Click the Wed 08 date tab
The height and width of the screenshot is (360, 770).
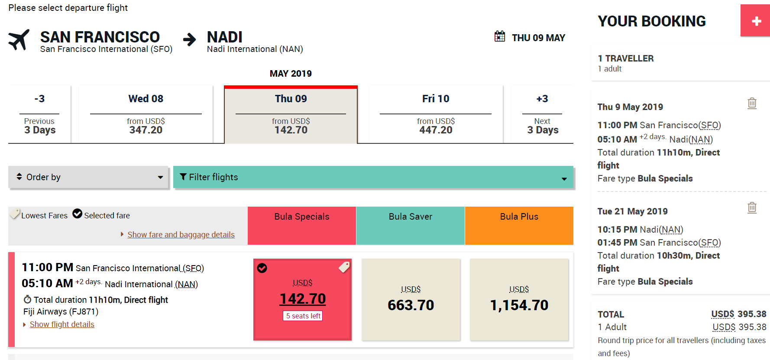click(x=146, y=114)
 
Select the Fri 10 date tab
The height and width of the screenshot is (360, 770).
click(x=436, y=114)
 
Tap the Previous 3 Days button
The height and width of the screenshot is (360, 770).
click(x=39, y=114)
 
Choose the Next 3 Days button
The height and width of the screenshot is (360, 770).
click(x=542, y=114)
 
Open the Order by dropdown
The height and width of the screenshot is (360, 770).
click(x=88, y=177)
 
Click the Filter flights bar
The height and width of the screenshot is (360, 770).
click(x=373, y=177)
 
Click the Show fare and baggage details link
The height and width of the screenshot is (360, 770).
click(x=181, y=235)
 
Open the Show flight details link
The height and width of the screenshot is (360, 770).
click(x=62, y=324)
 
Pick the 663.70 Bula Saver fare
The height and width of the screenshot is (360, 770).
click(x=411, y=299)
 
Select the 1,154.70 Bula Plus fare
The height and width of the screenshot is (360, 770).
click(x=519, y=299)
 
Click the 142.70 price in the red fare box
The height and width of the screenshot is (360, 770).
click(x=303, y=299)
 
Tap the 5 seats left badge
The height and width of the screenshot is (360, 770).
click(x=303, y=316)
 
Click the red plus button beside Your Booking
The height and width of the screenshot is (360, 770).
click(x=756, y=21)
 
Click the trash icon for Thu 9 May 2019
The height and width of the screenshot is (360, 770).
click(x=752, y=104)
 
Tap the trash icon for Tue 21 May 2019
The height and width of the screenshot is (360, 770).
click(x=752, y=208)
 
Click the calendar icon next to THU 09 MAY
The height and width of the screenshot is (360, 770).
click(x=500, y=36)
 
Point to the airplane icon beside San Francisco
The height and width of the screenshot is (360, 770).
click(x=19, y=40)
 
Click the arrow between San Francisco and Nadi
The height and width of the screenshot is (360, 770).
click(x=189, y=40)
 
